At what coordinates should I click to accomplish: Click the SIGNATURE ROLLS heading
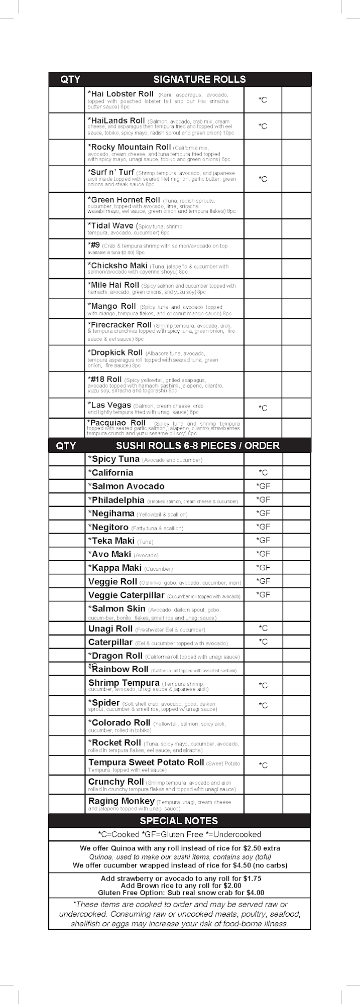coord(199,79)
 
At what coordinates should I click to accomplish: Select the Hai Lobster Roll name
coord(121,94)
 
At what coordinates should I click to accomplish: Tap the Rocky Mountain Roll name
coord(129,147)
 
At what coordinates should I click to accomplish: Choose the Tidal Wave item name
coord(110,226)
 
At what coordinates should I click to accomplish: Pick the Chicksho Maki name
coord(117,266)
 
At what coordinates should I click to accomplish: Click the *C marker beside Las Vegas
coord(263,408)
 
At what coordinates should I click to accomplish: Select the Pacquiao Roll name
coord(116,423)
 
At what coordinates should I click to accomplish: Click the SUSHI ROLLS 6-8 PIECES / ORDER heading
coord(197,446)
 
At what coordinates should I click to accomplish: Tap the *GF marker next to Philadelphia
coord(263,499)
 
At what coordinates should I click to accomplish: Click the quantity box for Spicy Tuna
coord(67,459)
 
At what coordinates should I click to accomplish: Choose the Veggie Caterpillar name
coord(126,595)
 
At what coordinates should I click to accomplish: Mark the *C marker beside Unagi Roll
coord(263,628)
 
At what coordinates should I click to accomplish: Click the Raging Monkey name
coord(121,801)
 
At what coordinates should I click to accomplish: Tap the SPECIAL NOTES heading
coord(179,821)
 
